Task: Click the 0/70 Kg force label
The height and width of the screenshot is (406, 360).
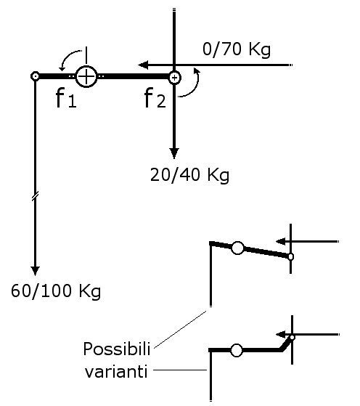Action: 237,49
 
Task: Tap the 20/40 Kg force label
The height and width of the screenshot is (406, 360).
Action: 189,175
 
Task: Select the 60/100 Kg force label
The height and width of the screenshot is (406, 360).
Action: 56,291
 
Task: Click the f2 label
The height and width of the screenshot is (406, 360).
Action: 155,98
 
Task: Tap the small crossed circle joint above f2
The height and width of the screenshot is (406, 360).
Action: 175,78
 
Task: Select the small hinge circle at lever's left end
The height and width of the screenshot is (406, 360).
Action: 35,77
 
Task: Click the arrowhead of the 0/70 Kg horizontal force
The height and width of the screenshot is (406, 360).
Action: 143,65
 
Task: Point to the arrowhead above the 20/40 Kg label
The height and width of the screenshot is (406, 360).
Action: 174,153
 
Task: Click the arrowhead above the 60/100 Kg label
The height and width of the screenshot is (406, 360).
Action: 35,271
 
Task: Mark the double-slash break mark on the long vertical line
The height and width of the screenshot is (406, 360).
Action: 35,196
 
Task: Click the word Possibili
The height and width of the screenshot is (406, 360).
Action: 117,349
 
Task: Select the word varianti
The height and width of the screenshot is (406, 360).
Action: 116,372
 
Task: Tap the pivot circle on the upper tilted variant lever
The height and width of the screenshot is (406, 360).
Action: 237,248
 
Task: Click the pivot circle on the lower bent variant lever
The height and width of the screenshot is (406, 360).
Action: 237,350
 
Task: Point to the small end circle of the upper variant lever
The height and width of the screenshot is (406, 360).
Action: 290,256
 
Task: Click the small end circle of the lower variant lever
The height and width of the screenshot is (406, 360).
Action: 292,338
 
